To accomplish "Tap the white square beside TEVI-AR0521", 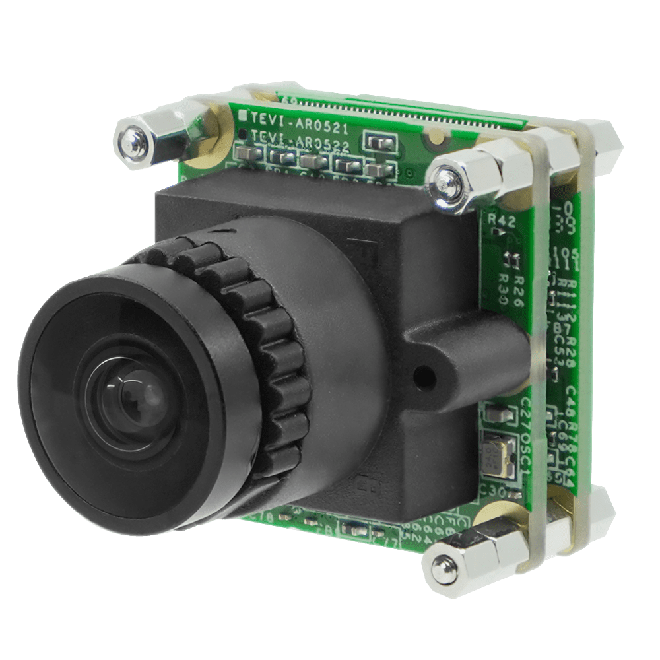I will pyautogui.click(x=242, y=115).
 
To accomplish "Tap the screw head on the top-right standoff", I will pyautogui.click(x=444, y=176).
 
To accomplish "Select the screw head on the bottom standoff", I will pyautogui.click(x=439, y=564).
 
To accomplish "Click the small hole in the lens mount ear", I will pyautogui.click(x=423, y=378).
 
